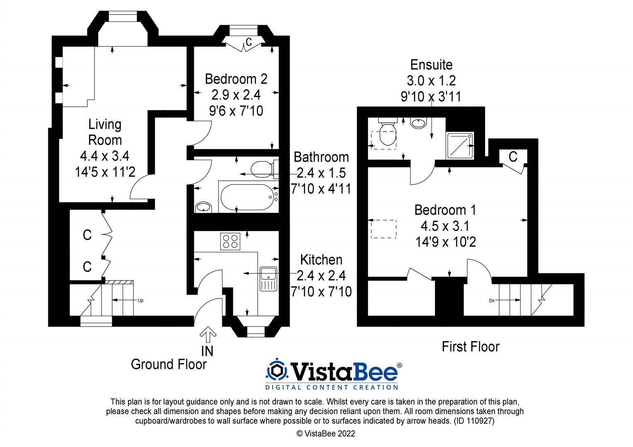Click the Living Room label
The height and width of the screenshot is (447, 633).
105,132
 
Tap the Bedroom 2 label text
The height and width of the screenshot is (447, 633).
236,79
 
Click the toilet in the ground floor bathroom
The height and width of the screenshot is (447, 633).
263,168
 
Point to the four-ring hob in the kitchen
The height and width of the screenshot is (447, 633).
230,241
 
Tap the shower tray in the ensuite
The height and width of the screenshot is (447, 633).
460,146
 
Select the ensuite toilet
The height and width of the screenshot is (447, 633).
387,133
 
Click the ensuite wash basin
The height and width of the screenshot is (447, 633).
418,123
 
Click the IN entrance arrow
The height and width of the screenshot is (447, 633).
208,334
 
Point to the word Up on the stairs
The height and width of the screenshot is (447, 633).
140,300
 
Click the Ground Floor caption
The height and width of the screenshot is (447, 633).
169,364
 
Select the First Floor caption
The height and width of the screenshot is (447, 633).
471,346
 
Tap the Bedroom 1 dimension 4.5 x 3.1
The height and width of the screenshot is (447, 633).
445,226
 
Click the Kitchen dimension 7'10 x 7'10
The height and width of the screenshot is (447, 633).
321,291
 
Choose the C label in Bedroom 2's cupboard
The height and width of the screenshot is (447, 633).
249,42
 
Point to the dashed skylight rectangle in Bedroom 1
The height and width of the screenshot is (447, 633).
383,229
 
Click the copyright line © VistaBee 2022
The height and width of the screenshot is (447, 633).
326,434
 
